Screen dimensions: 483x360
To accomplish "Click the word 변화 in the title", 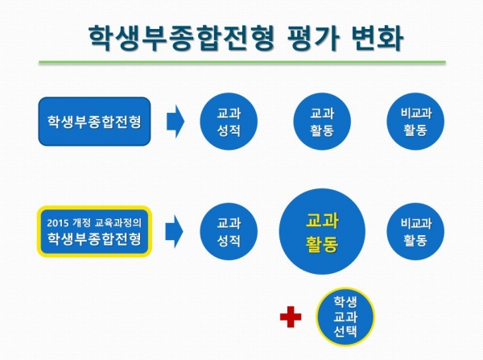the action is pos(377,38).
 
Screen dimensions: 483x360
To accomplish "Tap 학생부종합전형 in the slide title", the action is pos(181,38).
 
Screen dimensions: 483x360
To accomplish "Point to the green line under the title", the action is pos(242,62).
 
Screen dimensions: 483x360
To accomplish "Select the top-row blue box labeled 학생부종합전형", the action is pos(94,121).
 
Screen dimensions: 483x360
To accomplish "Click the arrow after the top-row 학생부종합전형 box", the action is pos(175,121).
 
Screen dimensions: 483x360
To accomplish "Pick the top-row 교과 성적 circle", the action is pos(229,121).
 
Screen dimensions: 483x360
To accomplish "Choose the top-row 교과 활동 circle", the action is pos(322,121).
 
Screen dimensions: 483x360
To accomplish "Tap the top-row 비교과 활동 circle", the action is pos(415,121).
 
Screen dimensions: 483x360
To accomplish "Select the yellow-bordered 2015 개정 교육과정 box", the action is pos(94,231).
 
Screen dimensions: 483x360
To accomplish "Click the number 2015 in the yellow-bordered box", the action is pos(57,222).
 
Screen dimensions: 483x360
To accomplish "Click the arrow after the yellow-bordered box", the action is pos(175,231).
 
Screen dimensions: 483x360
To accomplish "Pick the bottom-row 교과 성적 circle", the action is pos(229,231).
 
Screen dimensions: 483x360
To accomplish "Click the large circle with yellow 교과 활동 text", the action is pos(322,231).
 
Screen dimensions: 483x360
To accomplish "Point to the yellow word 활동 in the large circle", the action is pos(322,244).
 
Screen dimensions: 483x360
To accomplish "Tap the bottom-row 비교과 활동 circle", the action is pos(415,231).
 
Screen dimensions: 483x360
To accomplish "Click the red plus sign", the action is pos(291,317).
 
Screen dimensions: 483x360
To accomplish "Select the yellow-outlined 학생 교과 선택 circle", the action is pos(345,317).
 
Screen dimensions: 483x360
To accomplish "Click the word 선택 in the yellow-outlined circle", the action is pos(345,332).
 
